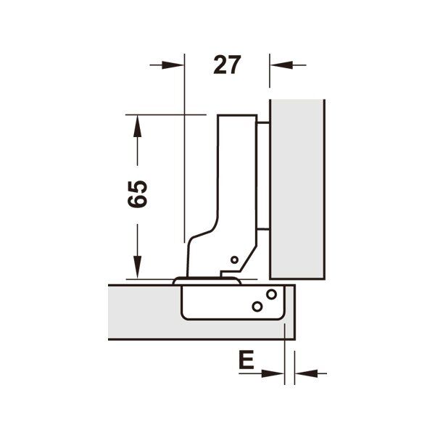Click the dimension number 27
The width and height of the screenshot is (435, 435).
227,65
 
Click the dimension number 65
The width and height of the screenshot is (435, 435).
137,194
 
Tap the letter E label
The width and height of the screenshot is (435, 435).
246,360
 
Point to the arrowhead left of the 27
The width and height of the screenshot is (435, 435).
173,65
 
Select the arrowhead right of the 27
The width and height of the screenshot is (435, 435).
281,65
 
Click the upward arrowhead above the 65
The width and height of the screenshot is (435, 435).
137,126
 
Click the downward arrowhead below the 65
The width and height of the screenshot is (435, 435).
137,267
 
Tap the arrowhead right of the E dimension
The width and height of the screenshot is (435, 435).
306,373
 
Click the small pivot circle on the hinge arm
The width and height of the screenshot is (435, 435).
234,260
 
